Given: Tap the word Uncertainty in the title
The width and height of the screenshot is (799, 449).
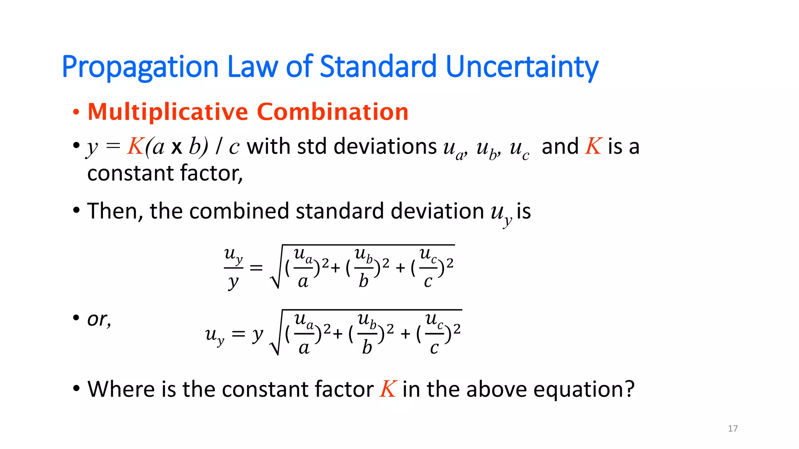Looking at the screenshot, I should click(x=522, y=67).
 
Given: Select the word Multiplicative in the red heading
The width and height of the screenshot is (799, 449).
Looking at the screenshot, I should click(x=168, y=112).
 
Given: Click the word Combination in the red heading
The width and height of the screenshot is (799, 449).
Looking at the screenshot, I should click(x=332, y=112).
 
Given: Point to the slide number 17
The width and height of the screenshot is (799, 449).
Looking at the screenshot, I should click(x=733, y=428).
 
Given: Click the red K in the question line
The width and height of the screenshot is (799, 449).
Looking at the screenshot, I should click(x=388, y=389).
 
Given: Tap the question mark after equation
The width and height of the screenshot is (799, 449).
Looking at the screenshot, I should click(x=629, y=389).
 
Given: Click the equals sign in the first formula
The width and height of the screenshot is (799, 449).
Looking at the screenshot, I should click(x=256, y=268).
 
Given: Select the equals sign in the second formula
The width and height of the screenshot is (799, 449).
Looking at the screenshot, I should click(x=238, y=334).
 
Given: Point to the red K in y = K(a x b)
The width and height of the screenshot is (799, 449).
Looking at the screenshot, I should click(x=135, y=147).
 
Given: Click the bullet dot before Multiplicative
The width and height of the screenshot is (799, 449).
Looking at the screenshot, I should click(x=76, y=113).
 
